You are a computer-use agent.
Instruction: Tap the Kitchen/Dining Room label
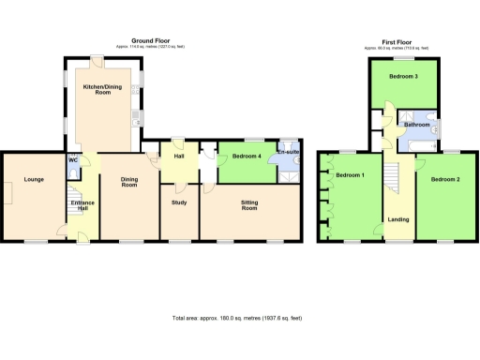tap(102, 90)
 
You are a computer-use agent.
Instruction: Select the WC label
tap(73, 160)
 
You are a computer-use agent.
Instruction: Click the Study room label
tap(179, 202)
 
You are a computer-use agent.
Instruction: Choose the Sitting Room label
tap(250, 206)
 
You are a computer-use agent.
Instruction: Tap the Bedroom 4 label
tap(247, 156)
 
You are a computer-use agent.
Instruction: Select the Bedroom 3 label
tap(403, 77)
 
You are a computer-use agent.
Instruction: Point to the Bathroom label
tap(417, 125)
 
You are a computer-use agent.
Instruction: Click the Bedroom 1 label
tap(351, 175)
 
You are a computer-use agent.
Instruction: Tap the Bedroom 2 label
tap(444, 178)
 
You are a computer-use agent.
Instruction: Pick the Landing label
tap(397, 220)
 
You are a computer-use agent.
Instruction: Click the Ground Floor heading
tap(150, 40)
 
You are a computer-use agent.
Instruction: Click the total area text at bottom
tap(237, 318)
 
